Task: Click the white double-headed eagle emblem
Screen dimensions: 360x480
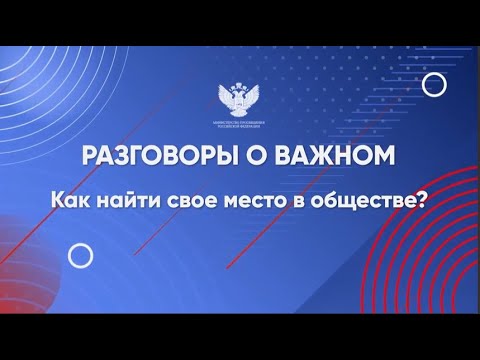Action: (239, 98)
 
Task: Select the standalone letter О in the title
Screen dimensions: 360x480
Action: (257, 156)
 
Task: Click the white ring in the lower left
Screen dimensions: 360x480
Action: (81, 257)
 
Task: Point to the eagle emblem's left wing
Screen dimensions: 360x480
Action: (227, 96)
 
